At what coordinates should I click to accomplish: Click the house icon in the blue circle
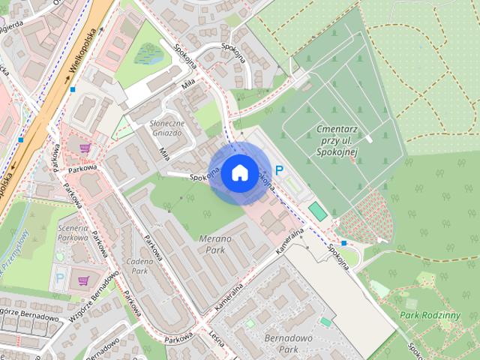238,172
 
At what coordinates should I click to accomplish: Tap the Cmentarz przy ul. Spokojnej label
335,141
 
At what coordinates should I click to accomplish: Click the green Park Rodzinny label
430,315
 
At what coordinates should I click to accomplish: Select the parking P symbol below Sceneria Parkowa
60,277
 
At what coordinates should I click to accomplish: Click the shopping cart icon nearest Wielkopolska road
85,148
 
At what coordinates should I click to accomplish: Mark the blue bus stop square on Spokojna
343,243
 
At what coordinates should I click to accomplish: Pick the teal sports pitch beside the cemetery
319,211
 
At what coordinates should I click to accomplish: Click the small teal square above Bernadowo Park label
325,321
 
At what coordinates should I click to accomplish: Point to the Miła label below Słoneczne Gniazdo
164,153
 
